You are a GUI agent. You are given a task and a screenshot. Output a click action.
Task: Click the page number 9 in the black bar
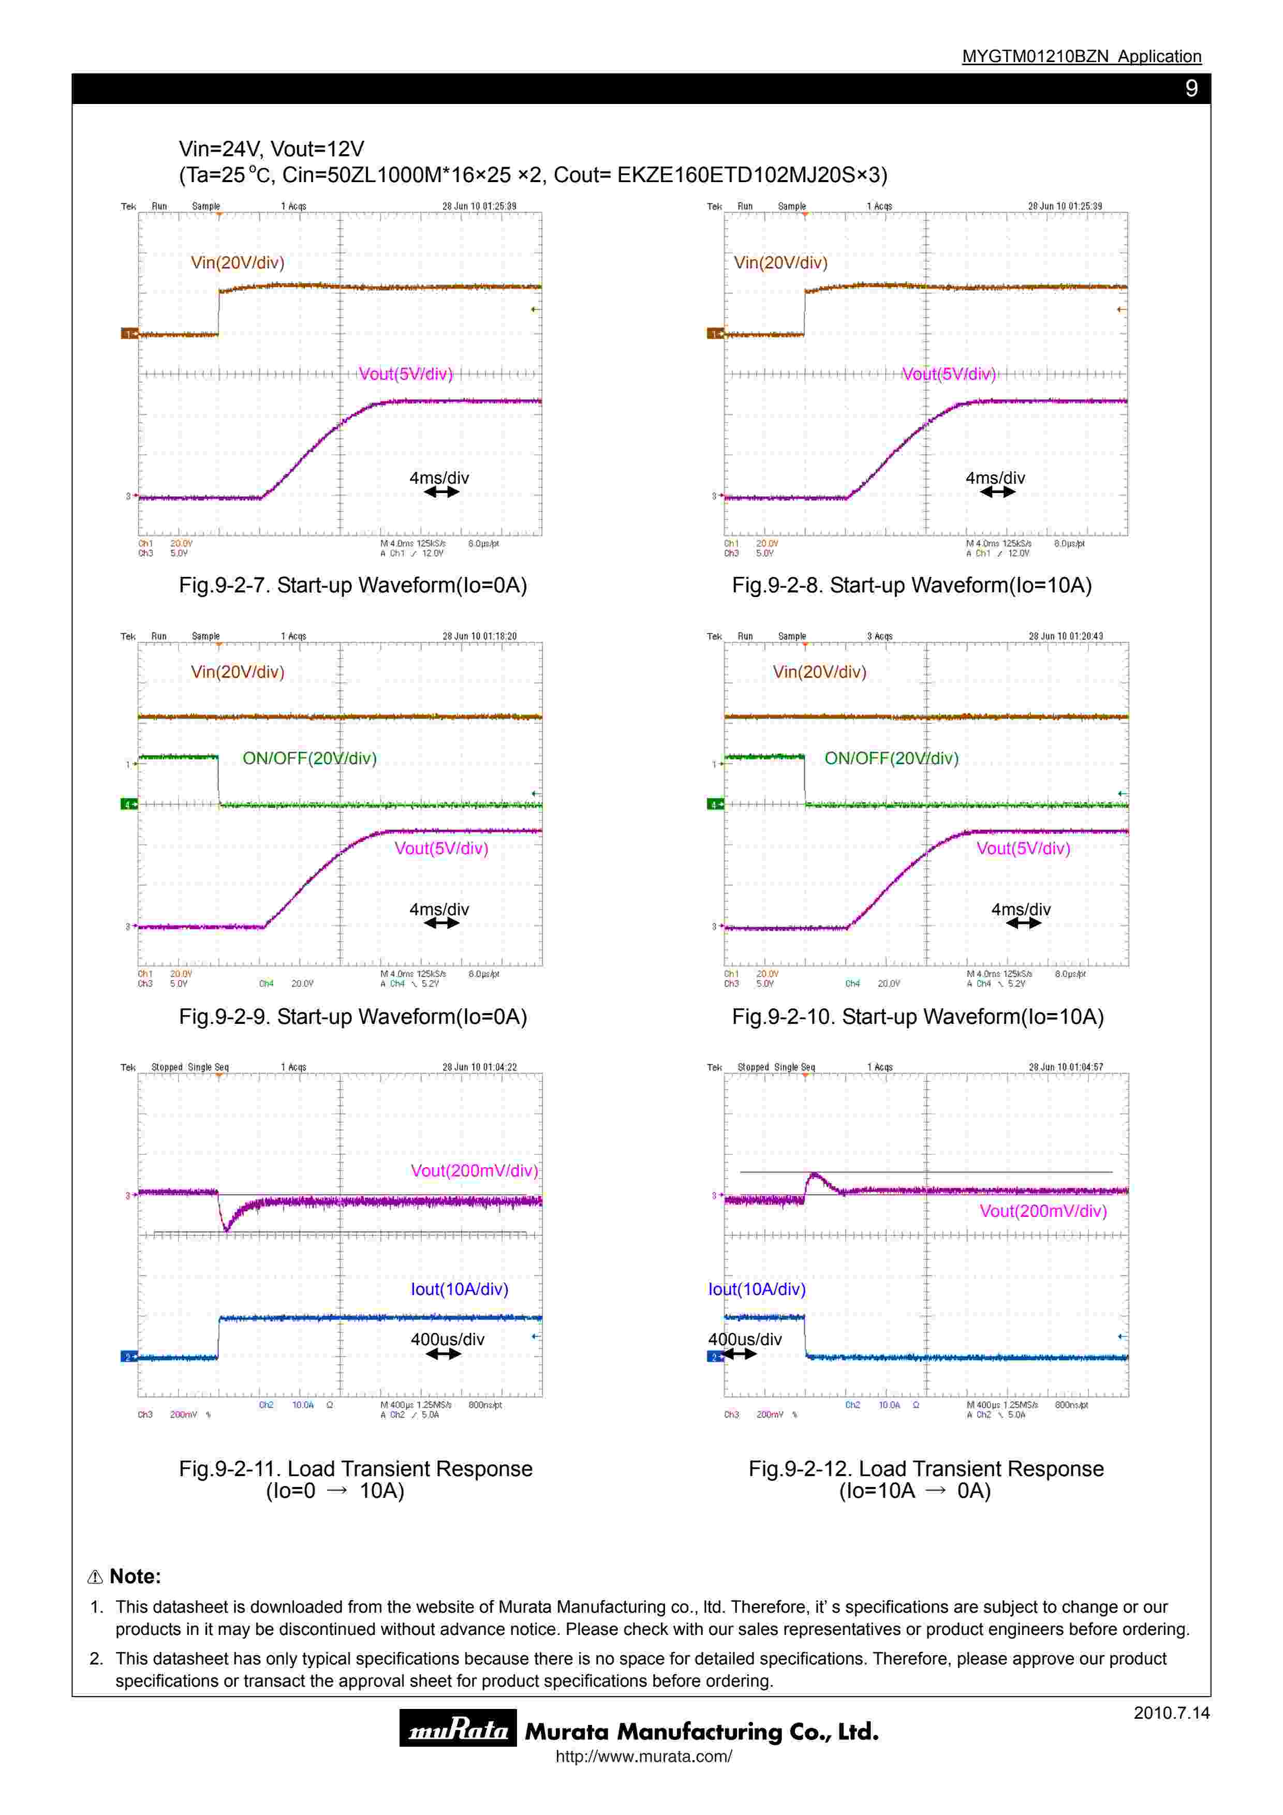pyautogui.click(x=1191, y=88)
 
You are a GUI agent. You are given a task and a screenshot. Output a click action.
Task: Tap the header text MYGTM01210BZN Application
pyautogui.click(x=1081, y=56)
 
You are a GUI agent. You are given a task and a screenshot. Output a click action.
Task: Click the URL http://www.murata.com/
pyautogui.click(x=643, y=1757)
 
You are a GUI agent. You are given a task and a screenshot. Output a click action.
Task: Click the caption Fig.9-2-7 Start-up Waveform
pyautogui.click(x=352, y=585)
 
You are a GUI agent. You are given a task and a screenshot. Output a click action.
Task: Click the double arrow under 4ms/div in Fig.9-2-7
pyautogui.click(x=441, y=492)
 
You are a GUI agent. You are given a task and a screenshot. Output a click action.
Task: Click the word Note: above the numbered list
pyautogui.click(x=135, y=1576)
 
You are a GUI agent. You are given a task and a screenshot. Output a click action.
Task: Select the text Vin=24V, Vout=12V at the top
pyautogui.click(x=271, y=148)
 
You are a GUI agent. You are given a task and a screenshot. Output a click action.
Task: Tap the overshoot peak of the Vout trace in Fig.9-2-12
pyautogui.click(x=814, y=1174)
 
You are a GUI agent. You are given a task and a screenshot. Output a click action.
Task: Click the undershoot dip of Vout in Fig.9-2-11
pyautogui.click(x=227, y=1229)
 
